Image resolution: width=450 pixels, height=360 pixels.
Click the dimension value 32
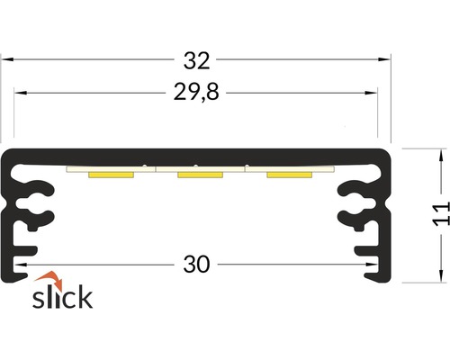196,60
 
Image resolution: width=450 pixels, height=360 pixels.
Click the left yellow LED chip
111,175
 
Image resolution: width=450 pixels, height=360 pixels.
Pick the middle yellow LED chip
200,175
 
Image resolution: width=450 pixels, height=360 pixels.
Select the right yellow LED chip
289,175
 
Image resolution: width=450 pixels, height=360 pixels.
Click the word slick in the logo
63,297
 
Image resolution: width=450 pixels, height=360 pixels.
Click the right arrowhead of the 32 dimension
386,60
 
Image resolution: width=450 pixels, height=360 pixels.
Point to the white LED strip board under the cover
200,168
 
